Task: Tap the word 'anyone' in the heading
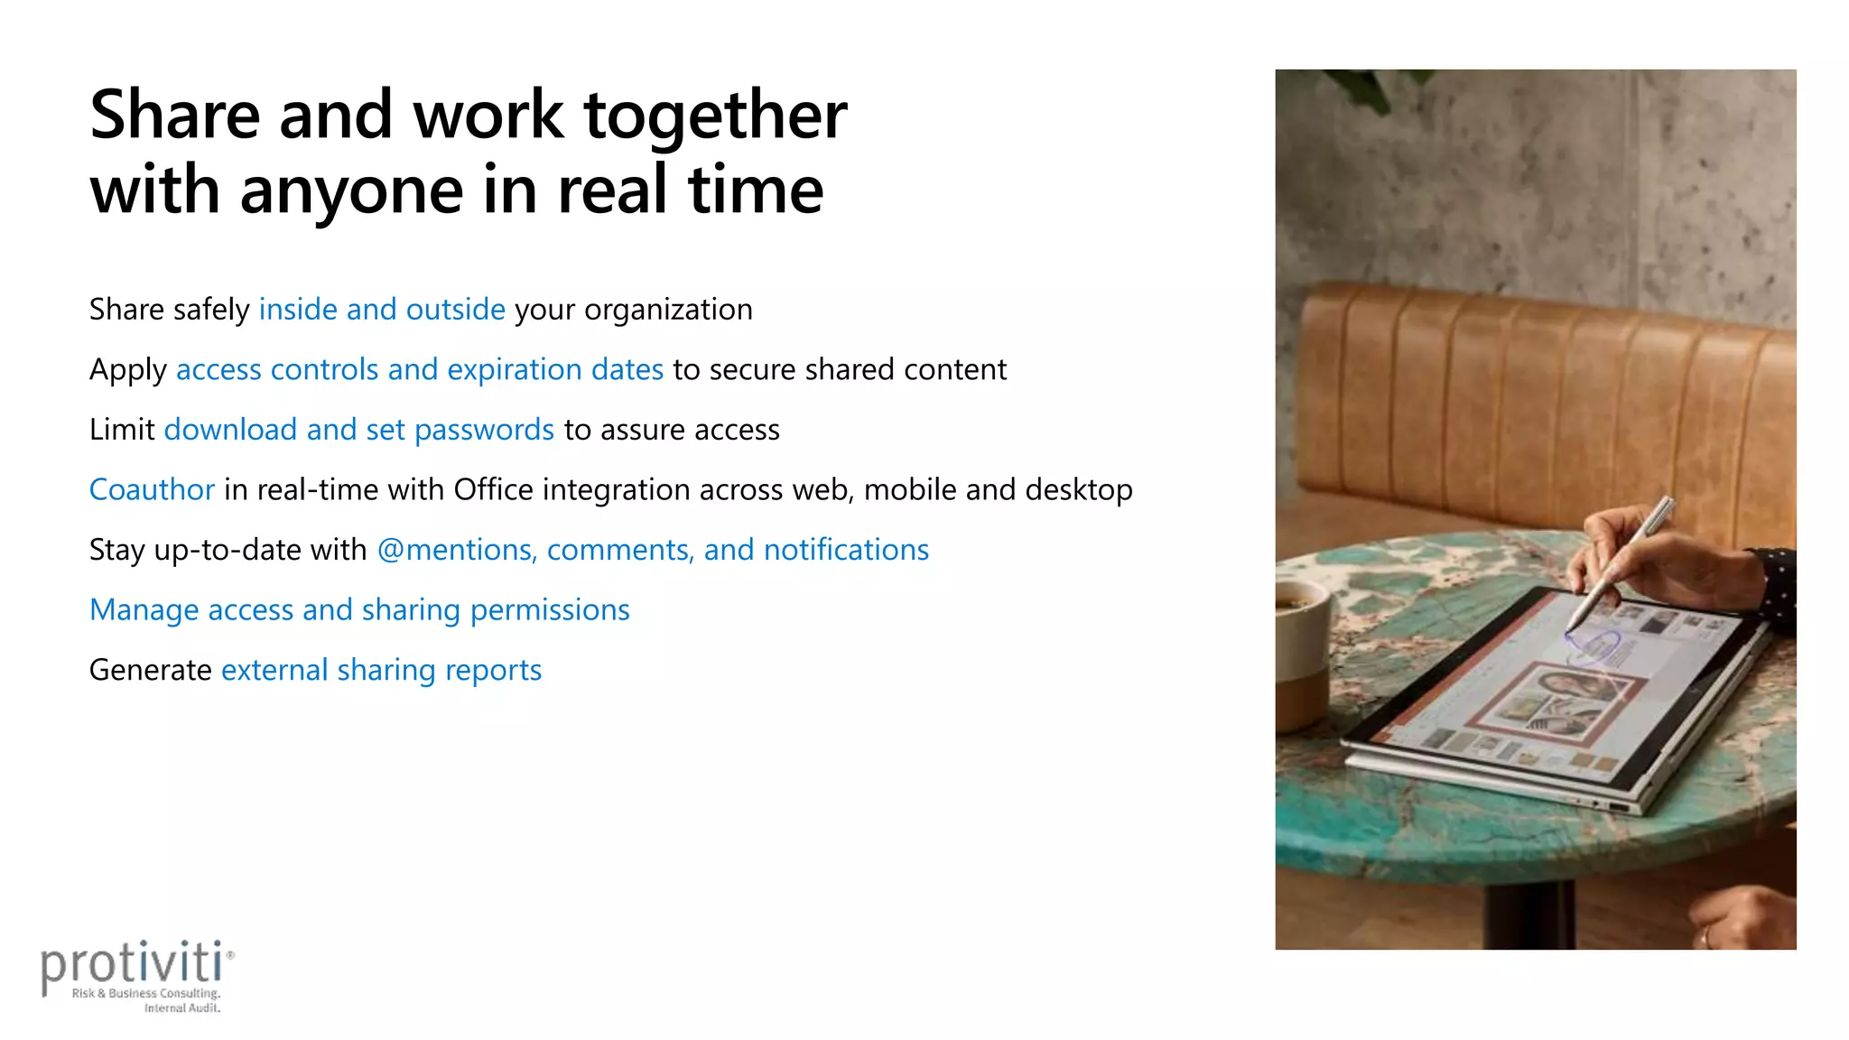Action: pos(351,191)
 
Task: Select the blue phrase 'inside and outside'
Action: pos(382,310)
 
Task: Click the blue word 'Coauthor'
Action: pos(152,489)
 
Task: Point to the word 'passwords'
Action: pos(484,430)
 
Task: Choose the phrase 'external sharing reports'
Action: pos(381,670)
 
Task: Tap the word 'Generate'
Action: pos(150,670)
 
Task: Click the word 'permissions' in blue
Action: pos(550,610)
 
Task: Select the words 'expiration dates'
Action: pos(555,369)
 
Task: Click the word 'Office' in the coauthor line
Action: pos(493,489)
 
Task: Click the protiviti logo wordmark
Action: pos(133,964)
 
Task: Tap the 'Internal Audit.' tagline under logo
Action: pos(181,1007)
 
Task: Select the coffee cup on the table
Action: pos(1300,650)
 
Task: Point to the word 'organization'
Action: pos(668,310)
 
